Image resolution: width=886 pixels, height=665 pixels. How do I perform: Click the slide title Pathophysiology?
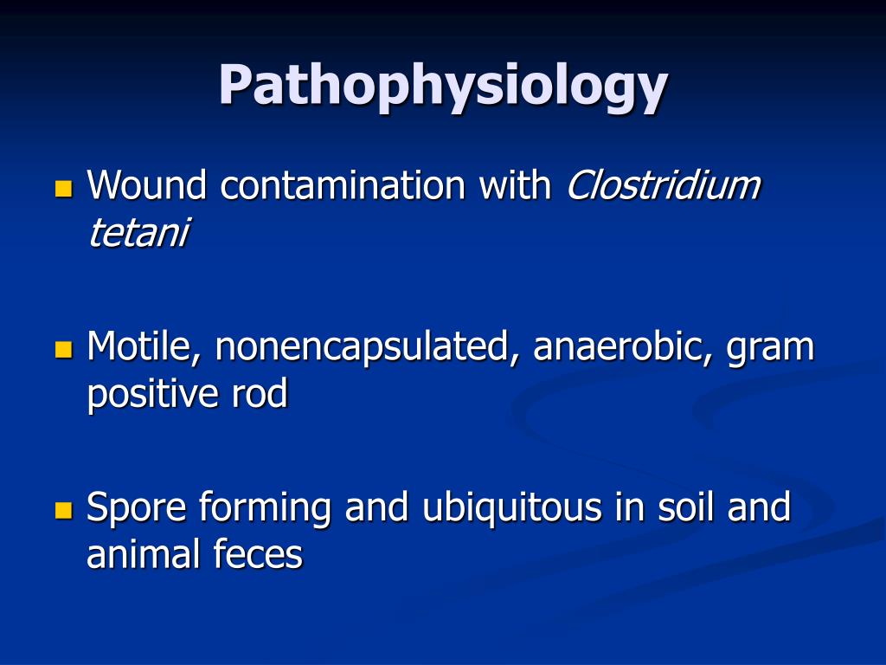pyautogui.click(x=442, y=85)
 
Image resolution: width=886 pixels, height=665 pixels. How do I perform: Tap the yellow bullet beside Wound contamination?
pyautogui.click(x=62, y=188)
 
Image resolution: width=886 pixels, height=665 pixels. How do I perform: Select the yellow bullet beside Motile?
pyautogui.click(x=62, y=349)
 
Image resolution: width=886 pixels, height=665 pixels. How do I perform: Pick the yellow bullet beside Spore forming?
pyautogui.click(x=62, y=510)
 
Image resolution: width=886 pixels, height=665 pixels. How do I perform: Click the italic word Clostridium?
pyautogui.click(x=663, y=185)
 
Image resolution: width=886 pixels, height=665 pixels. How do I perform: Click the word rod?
pyautogui.click(x=259, y=394)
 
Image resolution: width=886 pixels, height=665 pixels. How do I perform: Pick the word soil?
pyautogui.click(x=680, y=507)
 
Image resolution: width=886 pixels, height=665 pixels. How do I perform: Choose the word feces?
pyautogui.click(x=259, y=555)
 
